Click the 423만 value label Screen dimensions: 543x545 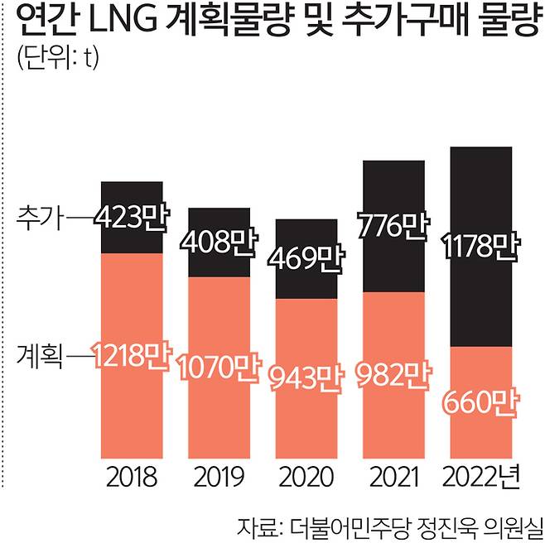pos(131,219)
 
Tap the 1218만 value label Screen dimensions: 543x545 pos(131,358)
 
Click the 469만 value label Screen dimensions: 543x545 pos(306,257)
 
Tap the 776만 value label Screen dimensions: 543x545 pos(393,225)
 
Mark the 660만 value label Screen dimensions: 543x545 pos(480,405)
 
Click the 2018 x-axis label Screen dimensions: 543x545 pos(131,478)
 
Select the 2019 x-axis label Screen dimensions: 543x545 pos(219,478)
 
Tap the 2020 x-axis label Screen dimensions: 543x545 pos(306,478)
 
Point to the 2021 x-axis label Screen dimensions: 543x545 pos(393,478)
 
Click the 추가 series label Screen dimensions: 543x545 pos(40,219)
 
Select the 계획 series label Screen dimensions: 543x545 pos(40,358)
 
